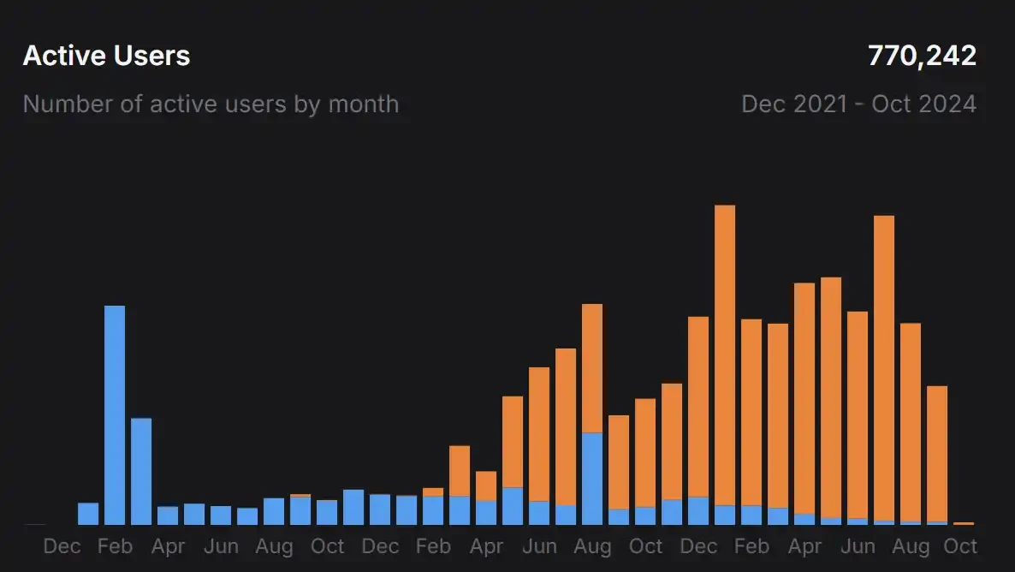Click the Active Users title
tap(106, 56)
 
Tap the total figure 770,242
tap(922, 56)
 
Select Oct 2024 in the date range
tap(924, 104)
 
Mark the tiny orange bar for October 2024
tap(964, 523)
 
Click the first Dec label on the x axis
tap(62, 546)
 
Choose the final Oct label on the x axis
tap(960, 546)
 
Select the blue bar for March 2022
tap(141, 471)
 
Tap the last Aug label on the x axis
tap(911, 546)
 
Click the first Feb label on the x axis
tap(115, 546)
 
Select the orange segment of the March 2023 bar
tap(460, 470)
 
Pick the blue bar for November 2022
tap(353, 507)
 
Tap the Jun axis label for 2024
tap(858, 546)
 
